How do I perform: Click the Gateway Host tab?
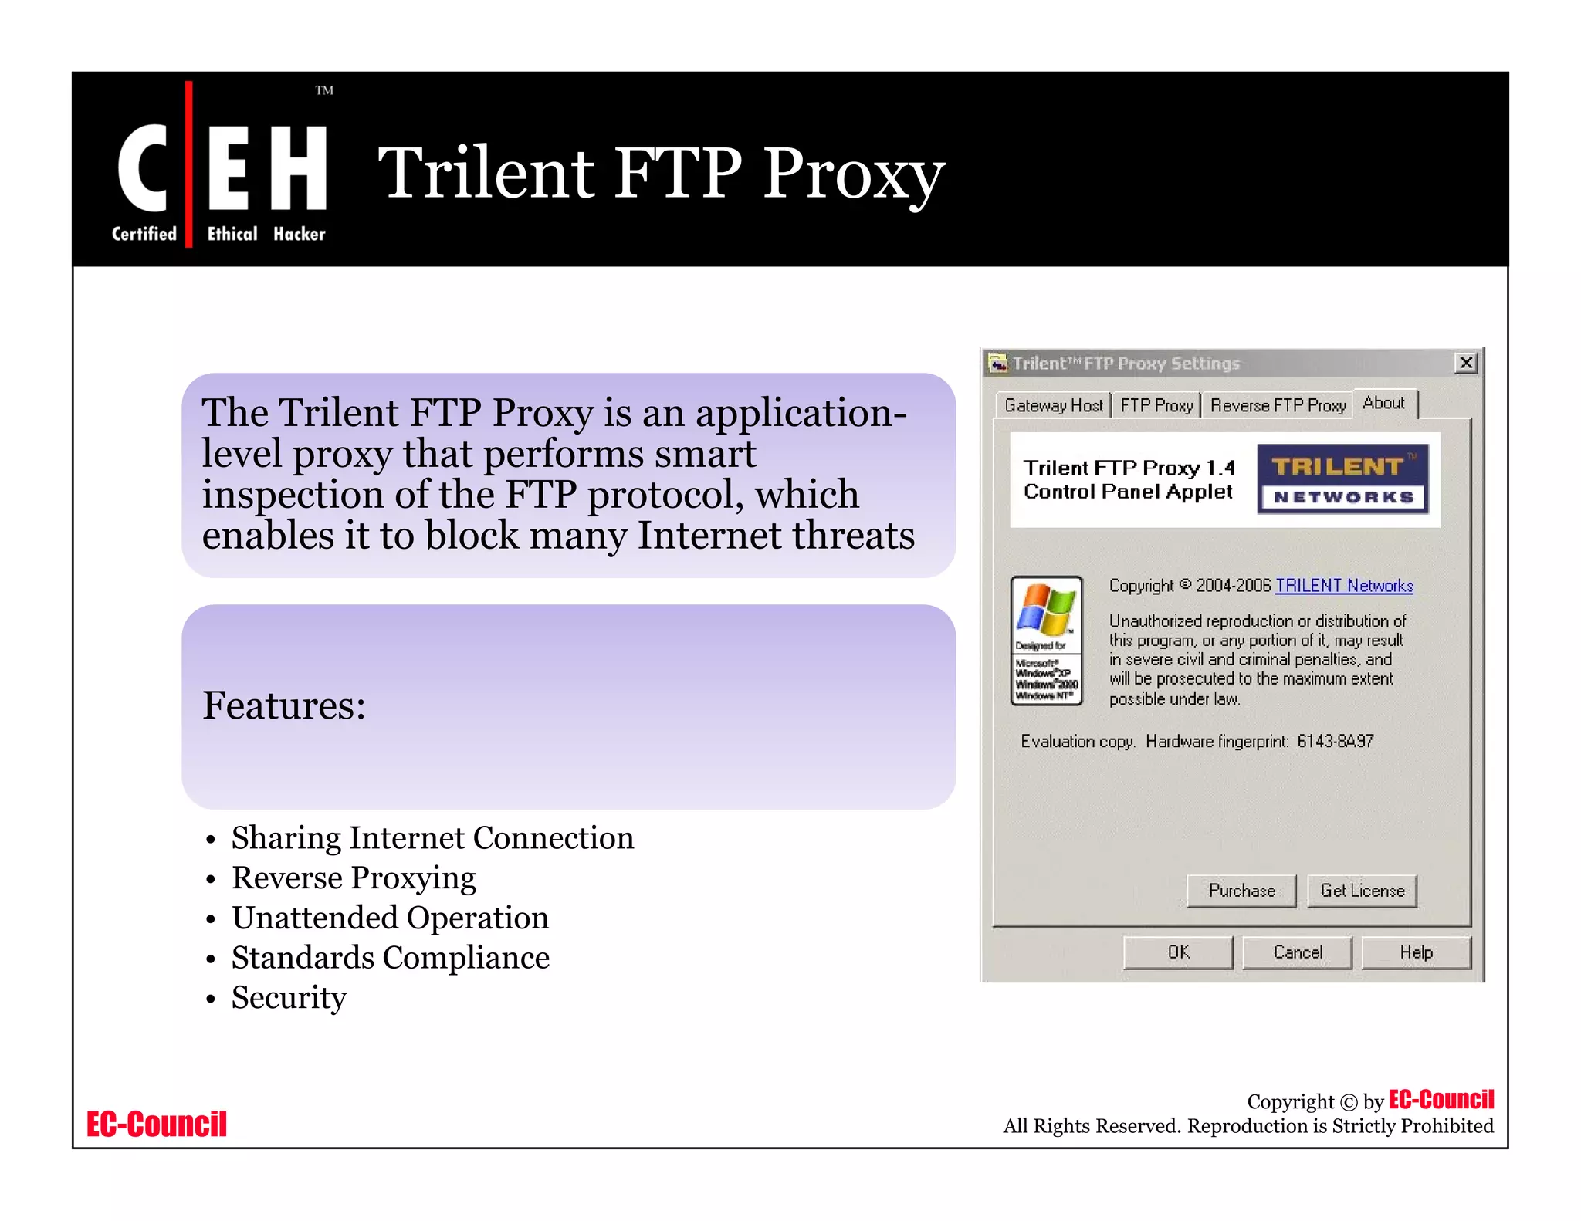coord(1053,405)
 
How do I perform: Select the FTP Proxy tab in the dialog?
coord(1156,405)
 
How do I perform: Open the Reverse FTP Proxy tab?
coord(1277,405)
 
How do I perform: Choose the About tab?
coord(1383,403)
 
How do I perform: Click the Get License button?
coord(1362,891)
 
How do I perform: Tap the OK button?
coord(1178,952)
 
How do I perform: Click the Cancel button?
coord(1298,952)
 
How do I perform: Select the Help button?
coord(1416,952)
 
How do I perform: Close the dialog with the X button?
coord(1465,363)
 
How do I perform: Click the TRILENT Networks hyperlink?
coord(1344,586)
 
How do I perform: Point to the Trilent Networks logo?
coord(1342,479)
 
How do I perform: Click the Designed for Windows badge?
coord(1046,640)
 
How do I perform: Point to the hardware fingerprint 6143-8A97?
coord(1336,742)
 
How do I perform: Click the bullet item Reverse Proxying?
coord(354,878)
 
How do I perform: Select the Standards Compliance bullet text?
coord(391,958)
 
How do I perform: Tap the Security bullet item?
coord(289,998)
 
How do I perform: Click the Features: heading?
coord(284,705)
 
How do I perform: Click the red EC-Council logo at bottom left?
coord(157,1125)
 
